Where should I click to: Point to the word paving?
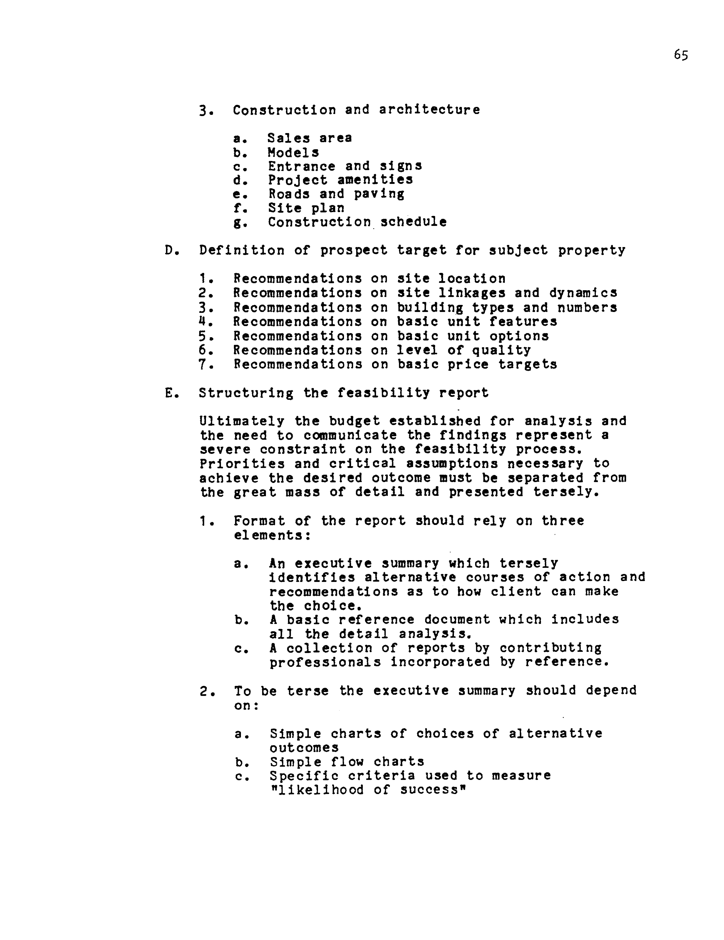pos(379,194)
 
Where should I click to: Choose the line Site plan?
pos(306,208)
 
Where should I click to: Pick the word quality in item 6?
pos(502,350)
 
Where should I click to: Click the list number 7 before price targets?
pos(203,365)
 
